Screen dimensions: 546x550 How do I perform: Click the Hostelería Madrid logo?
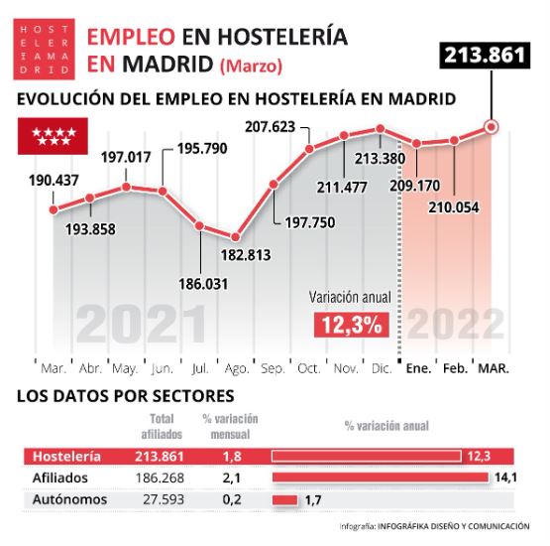[x=45, y=50]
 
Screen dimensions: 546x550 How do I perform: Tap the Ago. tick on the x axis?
[x=236, y=368]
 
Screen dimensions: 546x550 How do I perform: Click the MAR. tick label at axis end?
[x=494, y=368]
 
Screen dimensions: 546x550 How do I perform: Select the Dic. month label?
[x=382, y=368]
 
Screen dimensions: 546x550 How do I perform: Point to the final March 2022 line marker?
[x=491, y=126]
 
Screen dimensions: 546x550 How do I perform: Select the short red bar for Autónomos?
[x=284, y=499]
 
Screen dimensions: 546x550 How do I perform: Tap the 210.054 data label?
[x=455, y=206]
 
